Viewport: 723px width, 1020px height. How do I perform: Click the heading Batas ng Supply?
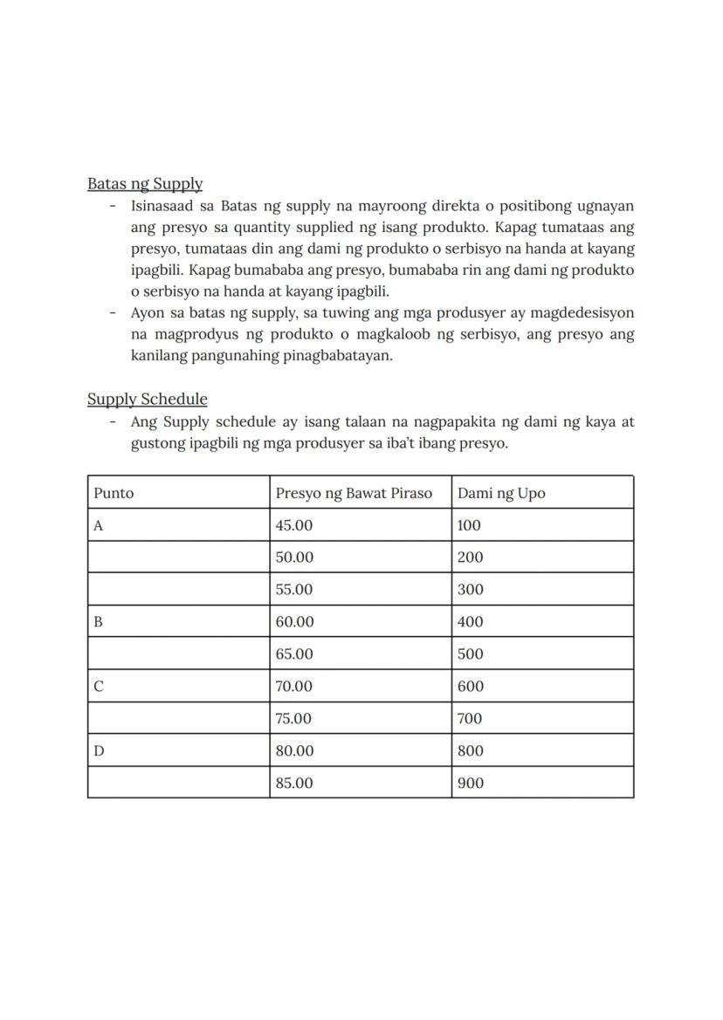click(145, 184)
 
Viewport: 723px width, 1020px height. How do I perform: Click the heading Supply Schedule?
click(147, 400)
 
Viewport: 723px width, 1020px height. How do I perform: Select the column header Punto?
click(114, 493)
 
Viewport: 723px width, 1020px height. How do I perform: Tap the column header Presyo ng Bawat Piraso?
click(354, 493)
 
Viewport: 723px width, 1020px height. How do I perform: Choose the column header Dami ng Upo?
click(500, 493)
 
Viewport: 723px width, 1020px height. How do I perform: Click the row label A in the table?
click(99, 525)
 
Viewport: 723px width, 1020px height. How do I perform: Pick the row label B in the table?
click(99, 622)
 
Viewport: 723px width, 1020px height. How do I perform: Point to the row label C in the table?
click(99, 687)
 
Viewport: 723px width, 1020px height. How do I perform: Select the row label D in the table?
click(99, 751)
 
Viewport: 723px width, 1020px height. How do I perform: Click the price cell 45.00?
click(293, 525)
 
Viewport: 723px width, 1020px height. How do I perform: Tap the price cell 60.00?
click(293, 622)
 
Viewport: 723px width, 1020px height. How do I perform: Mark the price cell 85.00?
click(293, 784)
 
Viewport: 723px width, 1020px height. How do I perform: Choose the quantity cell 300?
click(470, 590)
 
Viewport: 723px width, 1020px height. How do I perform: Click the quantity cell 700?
click(470, 719)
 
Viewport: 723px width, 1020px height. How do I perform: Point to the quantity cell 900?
click(470, 784)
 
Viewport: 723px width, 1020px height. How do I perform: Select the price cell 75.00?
click(293, 719)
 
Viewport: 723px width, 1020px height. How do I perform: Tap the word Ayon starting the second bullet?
click(148, 313)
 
